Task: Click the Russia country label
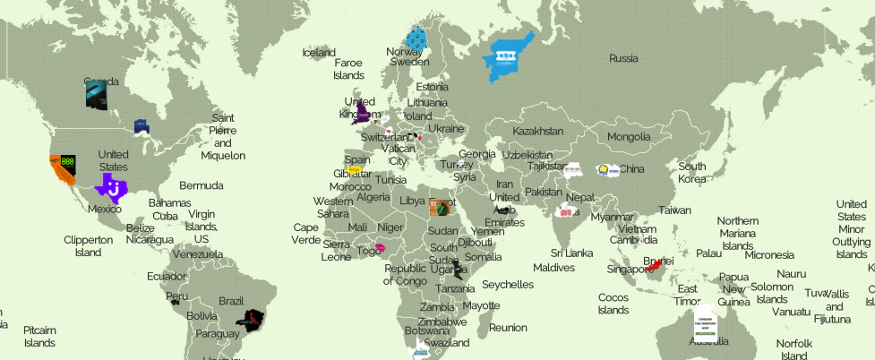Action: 623,58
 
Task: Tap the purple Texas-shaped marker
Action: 112,188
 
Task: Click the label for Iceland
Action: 319,53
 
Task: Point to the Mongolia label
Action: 629,137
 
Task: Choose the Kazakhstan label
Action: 537,132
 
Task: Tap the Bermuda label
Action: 201,186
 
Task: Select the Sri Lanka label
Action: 571,253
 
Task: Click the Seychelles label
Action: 508,285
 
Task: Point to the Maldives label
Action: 553,268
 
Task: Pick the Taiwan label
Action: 674,210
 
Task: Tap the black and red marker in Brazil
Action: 252,318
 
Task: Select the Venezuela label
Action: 197,254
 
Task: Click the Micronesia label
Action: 769,255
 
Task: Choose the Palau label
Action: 708,253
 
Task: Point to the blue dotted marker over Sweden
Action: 416,39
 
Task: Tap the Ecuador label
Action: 167,276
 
